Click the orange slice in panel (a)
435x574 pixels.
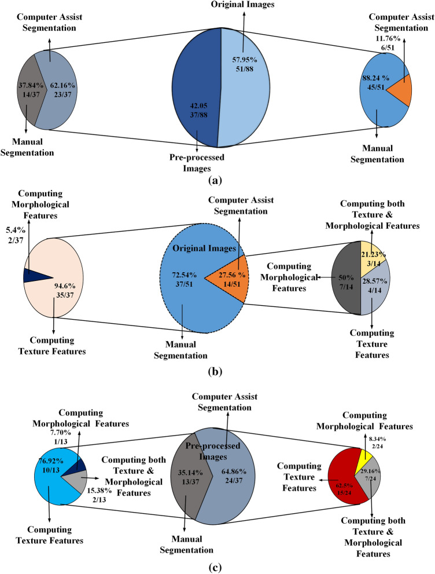(401, 90)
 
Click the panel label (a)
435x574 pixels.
(217, 180)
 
